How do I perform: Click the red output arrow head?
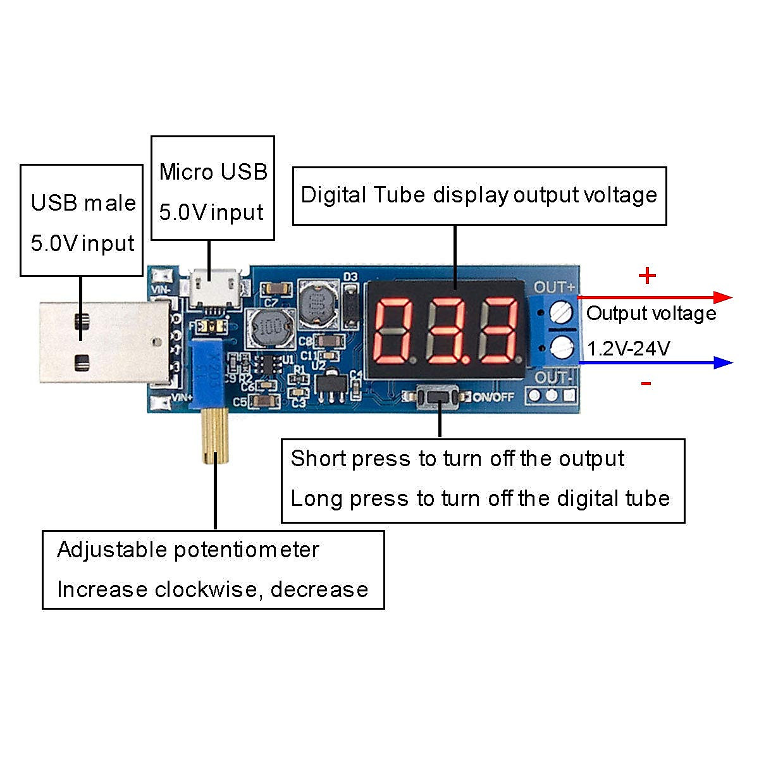[722, 297]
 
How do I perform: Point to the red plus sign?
[647, 276]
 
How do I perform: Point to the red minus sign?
[646, 383]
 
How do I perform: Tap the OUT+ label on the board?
[555, 287]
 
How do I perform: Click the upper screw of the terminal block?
[561, 312]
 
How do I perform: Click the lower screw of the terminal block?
[561, 347]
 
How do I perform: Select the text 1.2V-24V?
[628, 349]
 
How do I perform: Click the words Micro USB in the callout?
[213, 172]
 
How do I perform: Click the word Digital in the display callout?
[332, 195]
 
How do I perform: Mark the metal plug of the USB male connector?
[101, 342]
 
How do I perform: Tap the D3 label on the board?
[350, 277]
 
